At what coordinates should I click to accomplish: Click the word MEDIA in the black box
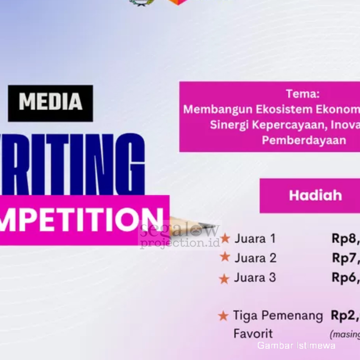[x=51, y=102]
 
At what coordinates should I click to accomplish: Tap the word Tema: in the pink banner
[x=303, y=94]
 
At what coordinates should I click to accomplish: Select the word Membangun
[x=218, y=109]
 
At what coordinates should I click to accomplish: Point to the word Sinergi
[x=229, y=125]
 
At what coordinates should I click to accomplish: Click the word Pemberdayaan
[x=304, y=140]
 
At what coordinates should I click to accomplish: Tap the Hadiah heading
[x=315, y=195]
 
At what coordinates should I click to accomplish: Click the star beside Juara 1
[x=225, y=239]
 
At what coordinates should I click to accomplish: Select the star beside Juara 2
[x=225, y=257]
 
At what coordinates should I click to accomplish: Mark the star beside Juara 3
[x=224, y=279]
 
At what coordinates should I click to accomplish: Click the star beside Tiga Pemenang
[x=223, y=316]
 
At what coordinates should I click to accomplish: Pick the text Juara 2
[x=255, y=258]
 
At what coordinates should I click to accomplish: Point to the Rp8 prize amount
[x=345, y=239]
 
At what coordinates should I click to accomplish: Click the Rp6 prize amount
[x=345, y=277]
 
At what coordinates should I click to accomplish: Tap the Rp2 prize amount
[x=344, y=316]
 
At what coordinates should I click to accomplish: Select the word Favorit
[x=253, y=334]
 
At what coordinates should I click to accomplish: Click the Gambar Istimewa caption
[x=296, y=345]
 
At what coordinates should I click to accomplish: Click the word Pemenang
[x=292, y=316]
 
